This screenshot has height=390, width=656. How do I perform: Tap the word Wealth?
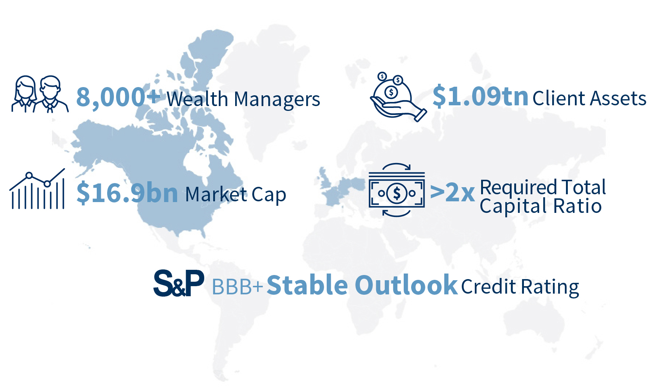(x=197, y=99)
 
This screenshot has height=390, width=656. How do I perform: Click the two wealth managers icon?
(x=40, y=94)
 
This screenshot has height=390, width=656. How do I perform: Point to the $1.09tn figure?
(x=480, y=96)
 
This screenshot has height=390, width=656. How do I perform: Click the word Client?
(x=559, y=98)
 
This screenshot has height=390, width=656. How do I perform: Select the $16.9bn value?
(x=127, y=192)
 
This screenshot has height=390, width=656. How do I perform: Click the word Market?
(x=216, y=194)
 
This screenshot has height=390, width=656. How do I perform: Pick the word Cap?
(x=269, y=195)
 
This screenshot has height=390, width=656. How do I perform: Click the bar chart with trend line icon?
(x=37, y=189)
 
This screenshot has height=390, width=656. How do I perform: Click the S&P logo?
(x=179, y=283)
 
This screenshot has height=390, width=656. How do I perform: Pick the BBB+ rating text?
(x=237, y=287)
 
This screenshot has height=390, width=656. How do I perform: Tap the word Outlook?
(x=406, y=285)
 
